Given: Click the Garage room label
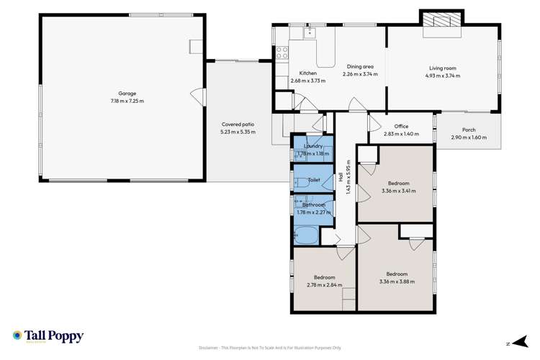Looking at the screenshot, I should (127, 93).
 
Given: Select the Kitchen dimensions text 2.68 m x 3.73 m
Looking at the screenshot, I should (307, 81).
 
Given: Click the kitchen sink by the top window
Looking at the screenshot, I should (310, 32).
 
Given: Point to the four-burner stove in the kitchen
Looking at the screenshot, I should (283, 52).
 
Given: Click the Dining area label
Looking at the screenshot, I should (357, 67).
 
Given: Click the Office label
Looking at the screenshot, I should (400, 126).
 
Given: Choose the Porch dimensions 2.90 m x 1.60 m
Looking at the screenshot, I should (468, 138).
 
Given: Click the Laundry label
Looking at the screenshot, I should (312, 146).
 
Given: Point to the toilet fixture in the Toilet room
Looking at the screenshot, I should (300, 180).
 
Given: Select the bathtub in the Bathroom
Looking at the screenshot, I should (306, 234).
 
